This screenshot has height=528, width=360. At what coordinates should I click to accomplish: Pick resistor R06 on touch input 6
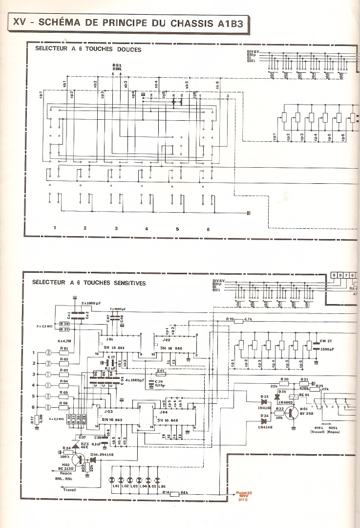(64, 407)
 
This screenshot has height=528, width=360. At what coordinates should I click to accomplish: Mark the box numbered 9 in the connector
(335, 275)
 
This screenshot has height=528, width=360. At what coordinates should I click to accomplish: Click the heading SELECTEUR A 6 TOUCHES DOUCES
(88, 49)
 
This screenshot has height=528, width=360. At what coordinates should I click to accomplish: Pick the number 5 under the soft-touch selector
(178, 229)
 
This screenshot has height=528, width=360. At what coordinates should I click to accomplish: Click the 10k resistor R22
(280, 413)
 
